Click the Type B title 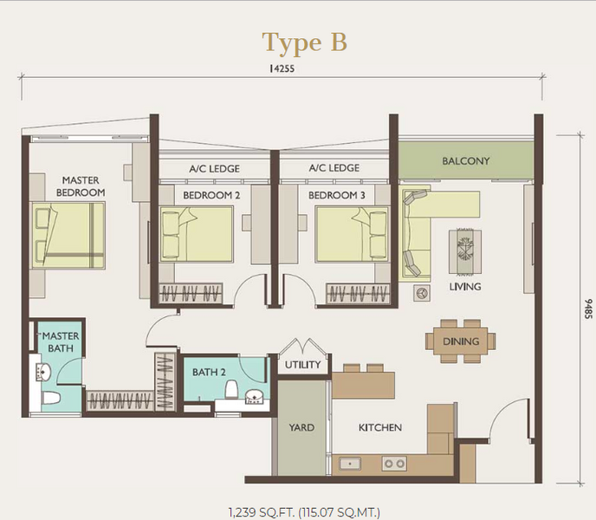304,42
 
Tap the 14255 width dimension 282,68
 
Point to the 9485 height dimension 588,309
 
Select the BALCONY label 466,161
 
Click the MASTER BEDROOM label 81,186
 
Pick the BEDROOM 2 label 211,195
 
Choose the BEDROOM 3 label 336,195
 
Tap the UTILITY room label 303,365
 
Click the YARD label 301,427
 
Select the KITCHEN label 380,427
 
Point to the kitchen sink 350,464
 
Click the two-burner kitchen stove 394,464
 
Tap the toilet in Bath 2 231,390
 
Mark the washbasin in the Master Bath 42,372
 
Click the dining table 460,341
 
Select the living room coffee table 465,251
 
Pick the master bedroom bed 68,236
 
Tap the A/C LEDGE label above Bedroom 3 334,168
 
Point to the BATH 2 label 209,372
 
